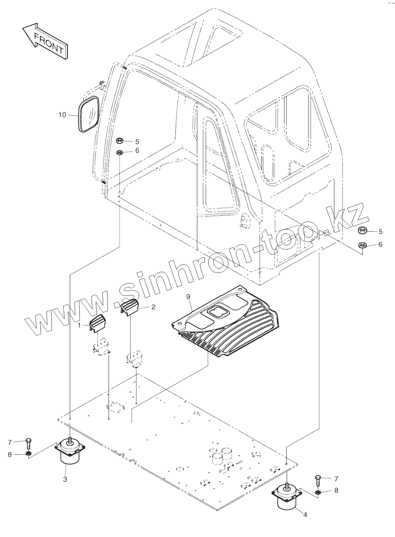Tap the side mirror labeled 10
(x=89, y=114)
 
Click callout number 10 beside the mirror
(x=62, y=115)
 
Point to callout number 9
(x=188, y=296)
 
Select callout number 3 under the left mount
(x=65, y=478)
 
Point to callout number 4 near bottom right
(x=305, y=515)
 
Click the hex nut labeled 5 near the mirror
(x=119, y=141)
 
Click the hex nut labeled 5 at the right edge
(x=363, y=231)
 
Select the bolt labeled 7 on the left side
(x=28, y=442)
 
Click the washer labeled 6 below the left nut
(x=119, y=153)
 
